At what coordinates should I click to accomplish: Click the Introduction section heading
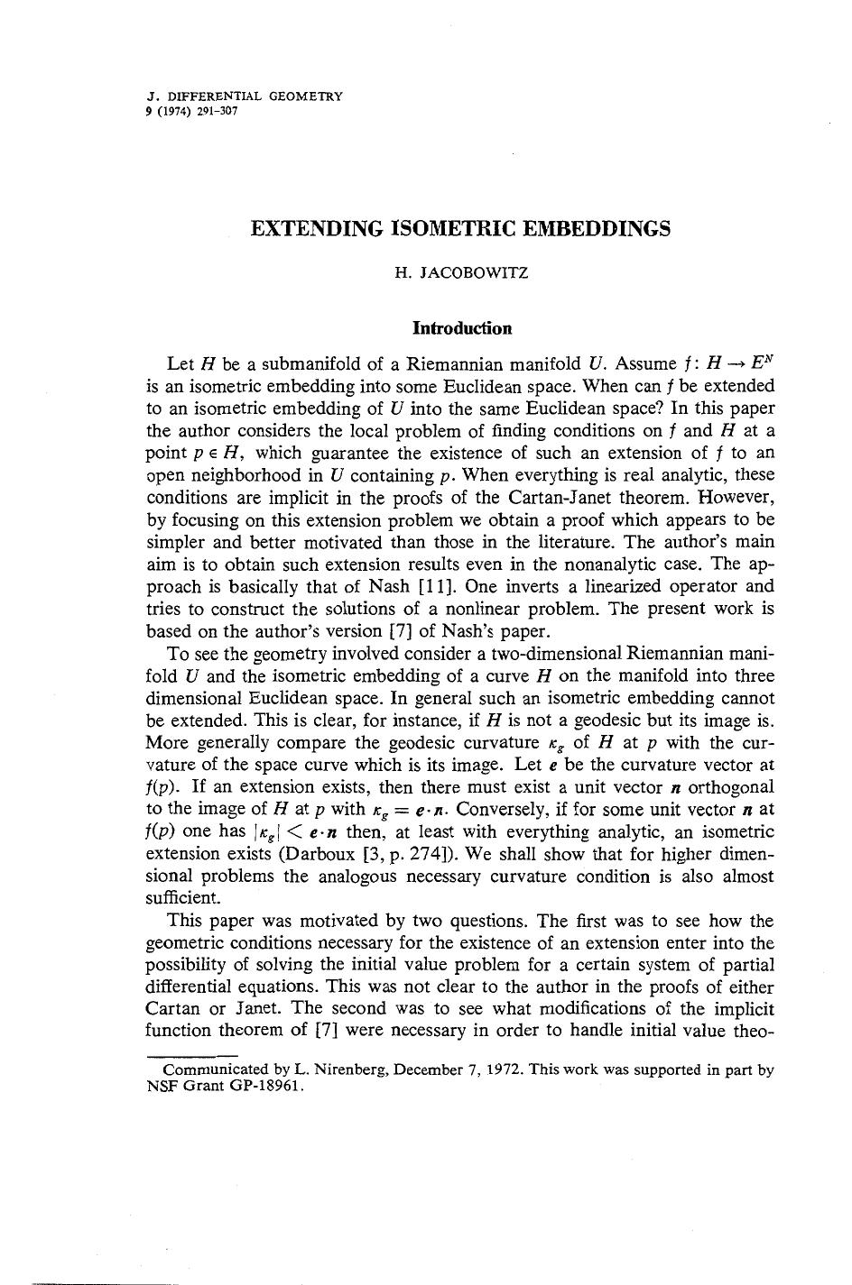tap(461, 328)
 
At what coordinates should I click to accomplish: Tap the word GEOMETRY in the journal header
tap(306, 96)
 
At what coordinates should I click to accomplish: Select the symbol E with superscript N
tap(763, 363)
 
